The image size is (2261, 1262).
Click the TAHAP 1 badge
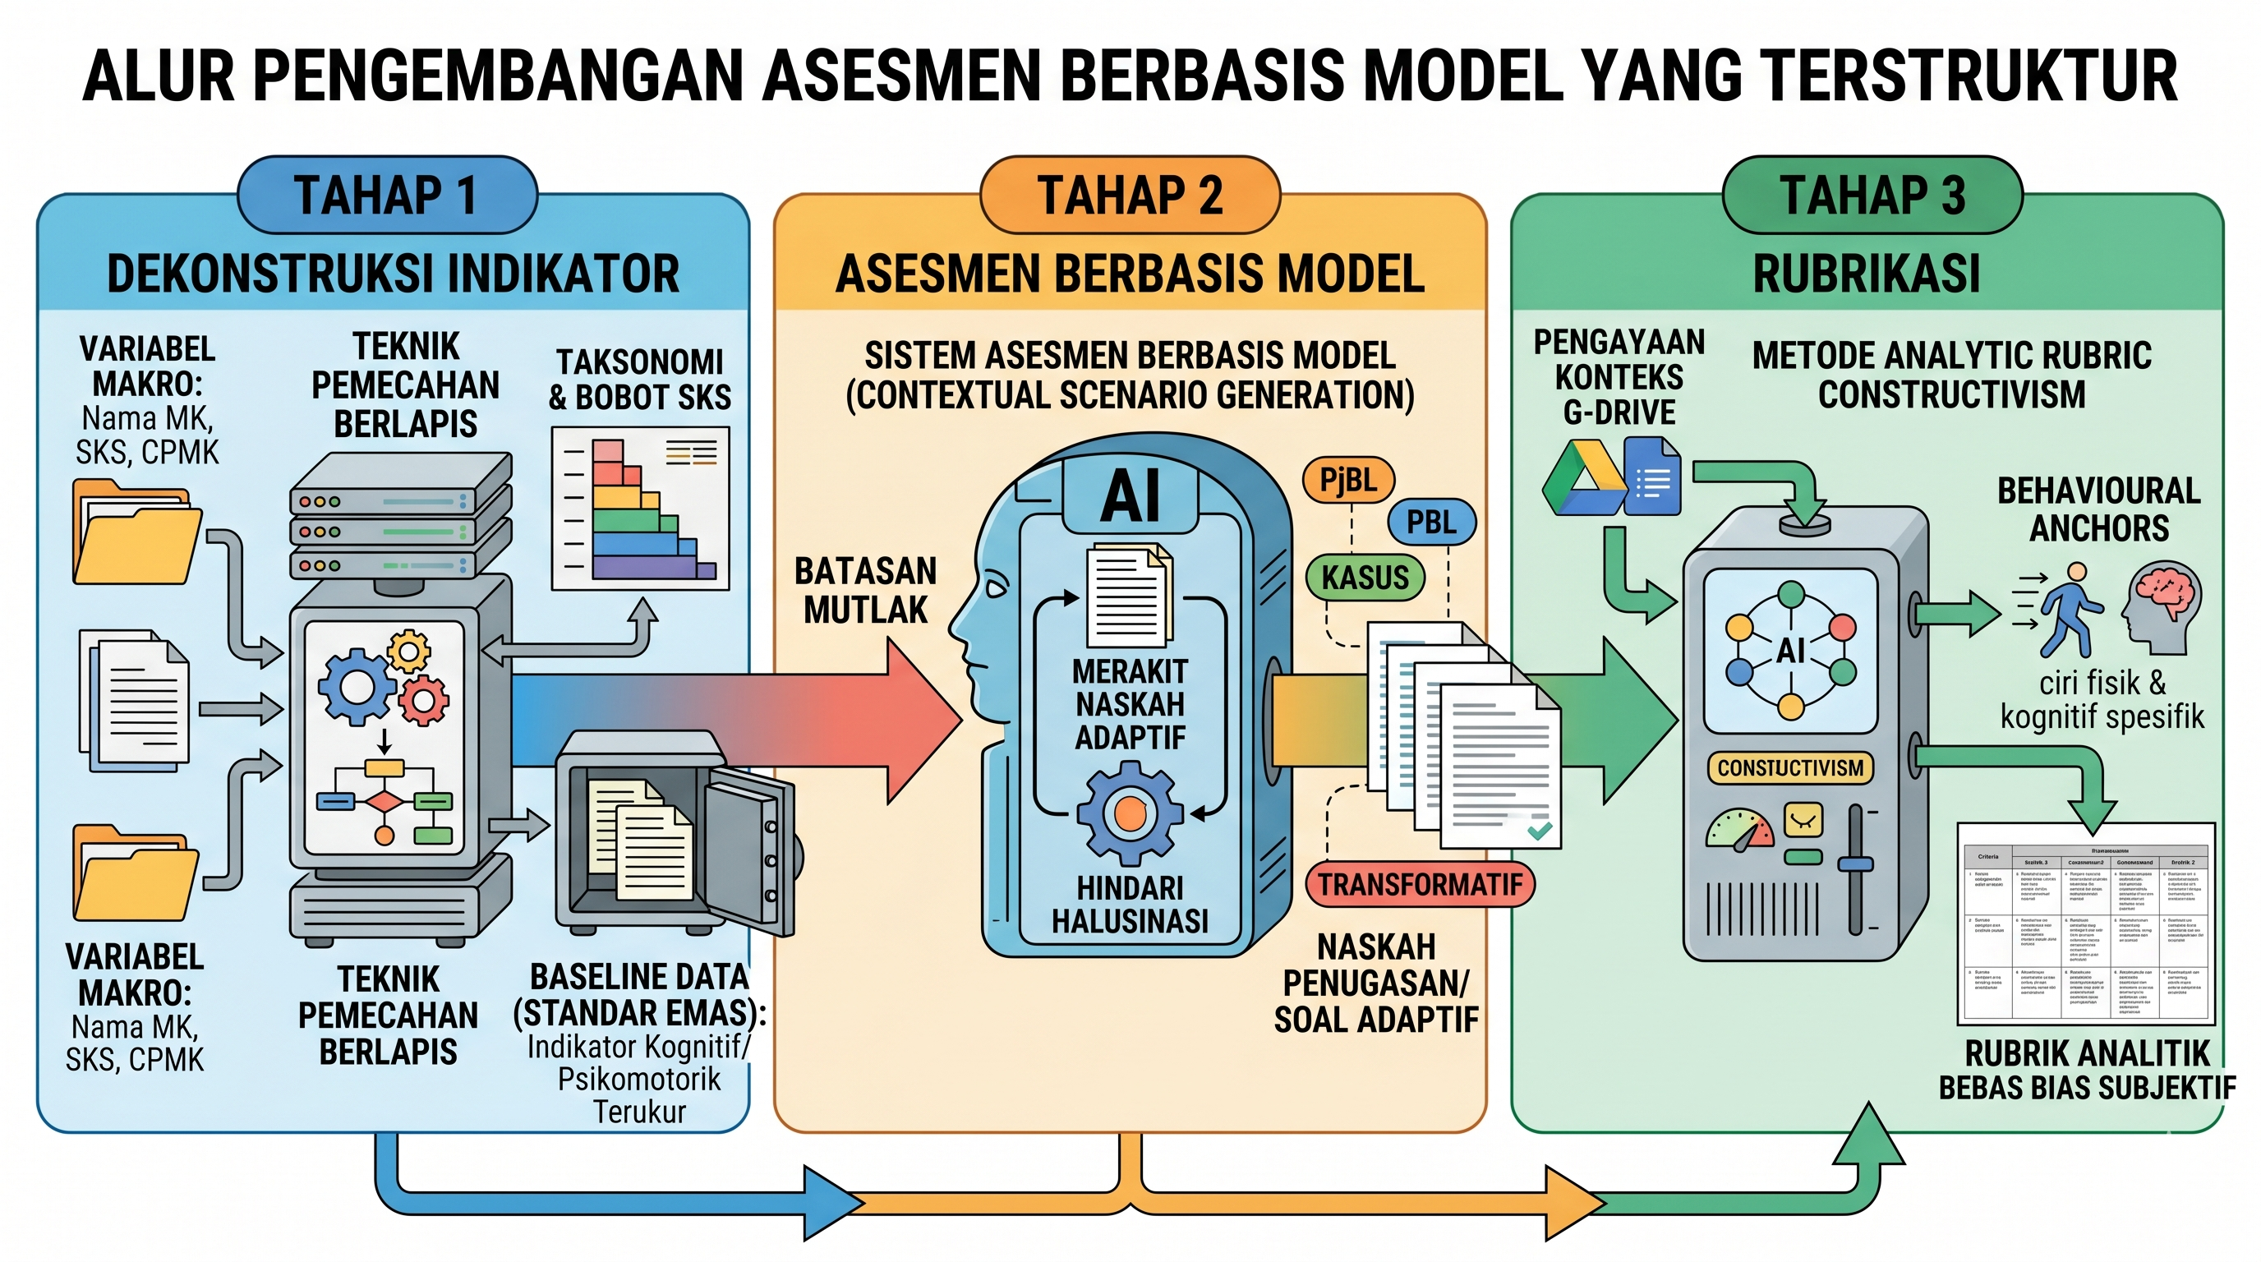coord(386,195)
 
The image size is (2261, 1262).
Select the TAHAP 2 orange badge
coord(1130,195)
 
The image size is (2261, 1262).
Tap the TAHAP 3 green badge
coord(1872,195)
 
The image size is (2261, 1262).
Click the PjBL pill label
coord(1348,480)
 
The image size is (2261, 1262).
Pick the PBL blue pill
coord(1430,523)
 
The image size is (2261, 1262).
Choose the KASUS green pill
coord(1365,578)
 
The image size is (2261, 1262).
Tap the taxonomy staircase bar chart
coord(641,509)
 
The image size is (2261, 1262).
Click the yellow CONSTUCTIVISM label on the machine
coord(1789,768)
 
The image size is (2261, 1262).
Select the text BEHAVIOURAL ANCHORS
coord(2098,510)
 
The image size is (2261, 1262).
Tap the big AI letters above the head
coord(1130,497)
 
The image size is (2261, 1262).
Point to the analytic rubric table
coord(2087,923)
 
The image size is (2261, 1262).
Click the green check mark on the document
coord(1540,828)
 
